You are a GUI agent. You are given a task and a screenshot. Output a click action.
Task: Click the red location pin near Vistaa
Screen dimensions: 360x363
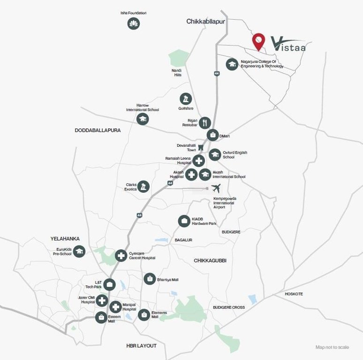click(258, 41)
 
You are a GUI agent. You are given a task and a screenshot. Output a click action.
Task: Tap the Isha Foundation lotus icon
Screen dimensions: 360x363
click(134, 23)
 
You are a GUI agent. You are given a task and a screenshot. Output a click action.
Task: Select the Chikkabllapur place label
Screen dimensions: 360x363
click(205, 22)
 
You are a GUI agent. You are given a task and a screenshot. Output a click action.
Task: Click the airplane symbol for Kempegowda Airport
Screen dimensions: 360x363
click(216, 188)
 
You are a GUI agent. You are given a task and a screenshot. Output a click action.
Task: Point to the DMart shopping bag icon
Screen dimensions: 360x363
click(212, 135)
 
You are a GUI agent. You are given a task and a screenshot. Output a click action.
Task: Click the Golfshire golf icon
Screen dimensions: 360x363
click(186, 98)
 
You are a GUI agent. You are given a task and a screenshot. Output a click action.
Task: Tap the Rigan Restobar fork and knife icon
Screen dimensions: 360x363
click(205, 123)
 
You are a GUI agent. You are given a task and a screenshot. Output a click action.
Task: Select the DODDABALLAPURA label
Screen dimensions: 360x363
click(98, 130)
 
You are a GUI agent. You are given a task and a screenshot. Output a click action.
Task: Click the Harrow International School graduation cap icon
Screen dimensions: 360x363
click(143, 119)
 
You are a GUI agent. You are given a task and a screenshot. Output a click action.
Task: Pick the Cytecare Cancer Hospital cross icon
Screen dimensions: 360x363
click(121, 255)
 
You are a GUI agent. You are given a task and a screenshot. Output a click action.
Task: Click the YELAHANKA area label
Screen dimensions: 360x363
click(65, 239)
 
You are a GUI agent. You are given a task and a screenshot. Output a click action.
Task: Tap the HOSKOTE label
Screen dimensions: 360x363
click(294, 294)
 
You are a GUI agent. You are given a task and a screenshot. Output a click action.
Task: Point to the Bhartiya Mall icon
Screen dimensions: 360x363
click(150, 279)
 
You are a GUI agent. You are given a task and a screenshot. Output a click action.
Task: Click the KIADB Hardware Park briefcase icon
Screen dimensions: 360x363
click(184, 221)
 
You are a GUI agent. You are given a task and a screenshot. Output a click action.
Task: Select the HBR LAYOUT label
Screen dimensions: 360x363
click(141, 345)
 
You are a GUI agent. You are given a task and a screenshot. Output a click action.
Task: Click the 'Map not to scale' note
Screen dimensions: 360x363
click(332, 347)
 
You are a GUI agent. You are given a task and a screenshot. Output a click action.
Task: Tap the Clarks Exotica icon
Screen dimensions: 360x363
click(143, 186)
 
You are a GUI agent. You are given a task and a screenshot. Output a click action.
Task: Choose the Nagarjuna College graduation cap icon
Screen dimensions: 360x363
click(232, 64)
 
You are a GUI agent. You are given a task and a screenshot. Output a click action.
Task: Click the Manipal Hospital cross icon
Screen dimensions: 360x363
click(116, 307)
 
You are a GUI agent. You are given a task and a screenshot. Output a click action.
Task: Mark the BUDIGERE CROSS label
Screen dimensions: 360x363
click(229, 307)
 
